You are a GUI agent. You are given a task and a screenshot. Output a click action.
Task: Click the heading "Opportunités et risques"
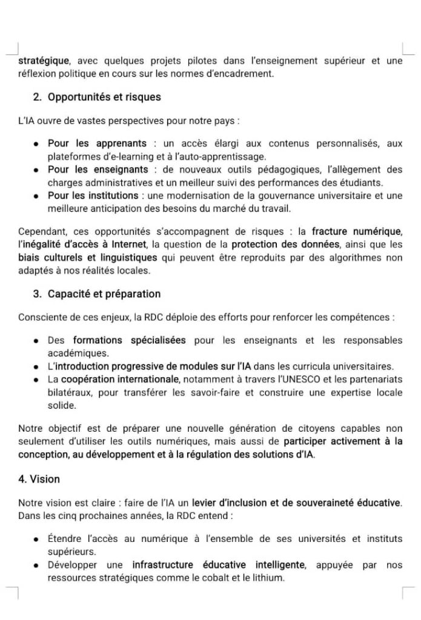coord(104,97)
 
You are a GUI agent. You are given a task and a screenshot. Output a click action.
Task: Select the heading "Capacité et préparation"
coord(104,294)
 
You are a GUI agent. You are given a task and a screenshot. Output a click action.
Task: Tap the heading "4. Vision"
coord(39,479)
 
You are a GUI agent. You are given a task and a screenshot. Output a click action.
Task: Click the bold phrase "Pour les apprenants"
coord(97,143)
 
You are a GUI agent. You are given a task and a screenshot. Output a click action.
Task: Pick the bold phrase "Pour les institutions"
coord(93,196)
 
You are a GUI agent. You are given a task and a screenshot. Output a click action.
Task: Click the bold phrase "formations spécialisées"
coord(129,340)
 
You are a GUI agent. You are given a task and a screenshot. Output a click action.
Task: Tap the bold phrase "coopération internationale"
coord(120,379)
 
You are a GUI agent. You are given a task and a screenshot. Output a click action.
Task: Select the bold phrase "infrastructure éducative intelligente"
coord(218,565)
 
